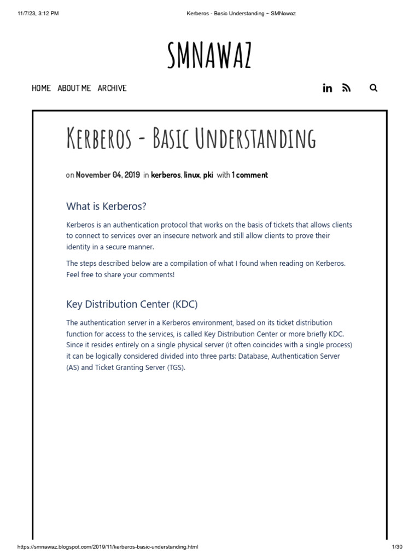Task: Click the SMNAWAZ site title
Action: [x=209, y=56]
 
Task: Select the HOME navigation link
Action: [x=41, y=88]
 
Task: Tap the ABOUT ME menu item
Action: [x=74, y=88]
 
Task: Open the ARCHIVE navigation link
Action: [x=112, y=88]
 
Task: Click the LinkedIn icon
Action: [x=328, y=88]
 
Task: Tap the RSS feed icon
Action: [x=346, y=88]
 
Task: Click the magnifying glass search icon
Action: [x=374, y=88]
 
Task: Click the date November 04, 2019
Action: [x=108, y=175]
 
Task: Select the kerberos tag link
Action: [x=165, y=175]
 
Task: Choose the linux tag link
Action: [x=191, y=175]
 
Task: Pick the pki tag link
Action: [x=208, y=175]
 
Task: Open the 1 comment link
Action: [x=250, y=175]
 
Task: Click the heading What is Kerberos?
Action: [x=107, y=206]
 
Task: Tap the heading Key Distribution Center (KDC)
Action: [x=132, y=304]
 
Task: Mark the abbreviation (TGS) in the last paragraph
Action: [x=176, y=367]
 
